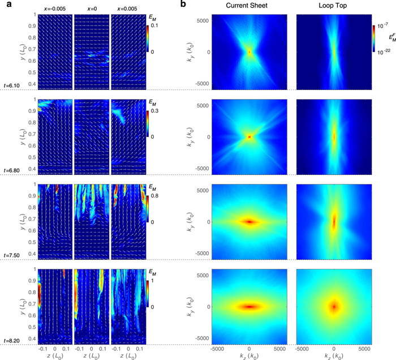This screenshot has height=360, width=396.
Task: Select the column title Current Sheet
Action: point(249,6)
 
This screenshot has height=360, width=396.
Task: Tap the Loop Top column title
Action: point(334,6)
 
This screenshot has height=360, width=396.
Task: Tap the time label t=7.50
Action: point(12,255)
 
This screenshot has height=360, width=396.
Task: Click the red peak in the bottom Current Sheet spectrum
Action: point(249,307)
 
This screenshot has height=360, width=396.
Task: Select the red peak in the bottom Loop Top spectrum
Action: point(334,307)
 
